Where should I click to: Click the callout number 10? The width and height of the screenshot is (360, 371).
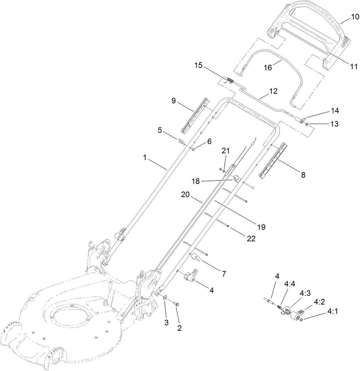(355, 17)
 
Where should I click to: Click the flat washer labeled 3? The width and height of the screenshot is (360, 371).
(164, 297)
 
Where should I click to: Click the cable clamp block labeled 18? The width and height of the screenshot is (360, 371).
(235, 179)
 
